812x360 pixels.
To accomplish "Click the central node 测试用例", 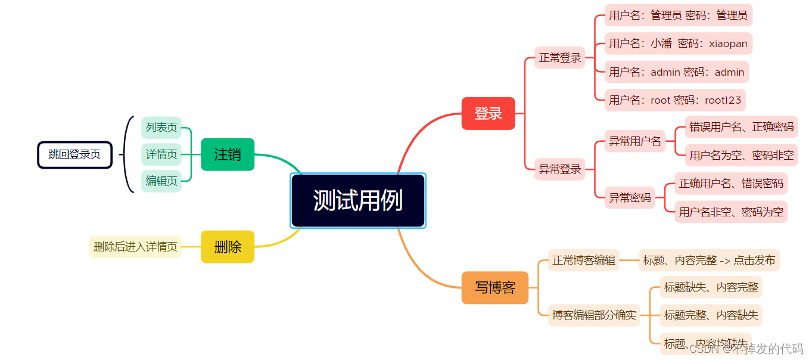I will point(357,201).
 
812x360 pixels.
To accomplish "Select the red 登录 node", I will point(488,113).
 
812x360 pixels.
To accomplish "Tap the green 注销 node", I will point(228,154).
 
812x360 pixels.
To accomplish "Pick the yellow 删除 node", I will point(228,247).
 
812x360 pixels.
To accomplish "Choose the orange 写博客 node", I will point(494,287).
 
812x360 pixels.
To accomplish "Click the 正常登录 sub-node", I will point(560,58).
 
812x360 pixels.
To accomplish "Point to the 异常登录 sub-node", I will point(560,169).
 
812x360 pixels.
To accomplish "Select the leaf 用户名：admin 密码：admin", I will point(676,72).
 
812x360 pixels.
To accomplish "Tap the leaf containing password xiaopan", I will point(678,44).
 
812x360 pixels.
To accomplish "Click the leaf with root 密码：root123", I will point(675,100).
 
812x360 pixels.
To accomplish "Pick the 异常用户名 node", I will point(634,141).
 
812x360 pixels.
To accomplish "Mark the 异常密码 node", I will point(630,197).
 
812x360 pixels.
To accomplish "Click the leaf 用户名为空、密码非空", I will point(741,156).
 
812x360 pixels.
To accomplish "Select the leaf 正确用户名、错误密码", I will point(731,184).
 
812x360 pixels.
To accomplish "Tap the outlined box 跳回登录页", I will point(74,155).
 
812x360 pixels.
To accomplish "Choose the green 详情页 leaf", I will point(161,154).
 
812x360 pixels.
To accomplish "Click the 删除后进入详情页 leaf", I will point(135,247).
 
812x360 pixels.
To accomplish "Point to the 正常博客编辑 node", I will point(583,260).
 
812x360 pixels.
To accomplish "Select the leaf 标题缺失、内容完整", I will point(711,287).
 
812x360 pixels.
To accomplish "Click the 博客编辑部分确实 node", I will point(593,315).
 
